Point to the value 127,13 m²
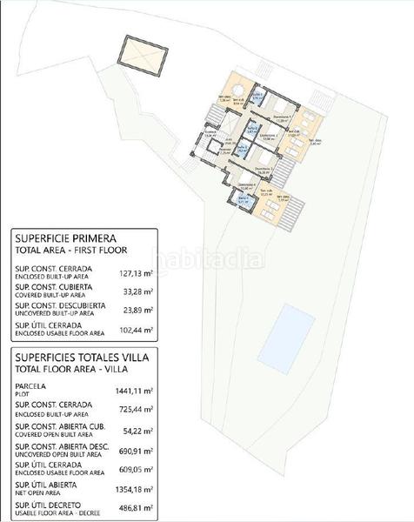coord(136,272)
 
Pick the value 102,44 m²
coord(136,330)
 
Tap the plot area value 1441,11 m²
coord(134,391)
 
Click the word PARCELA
coord(30,386)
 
